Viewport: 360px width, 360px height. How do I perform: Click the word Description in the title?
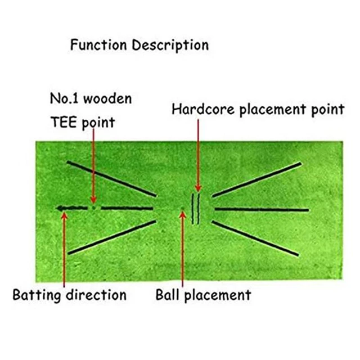pos(172,45)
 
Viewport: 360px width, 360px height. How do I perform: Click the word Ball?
pos(167,294)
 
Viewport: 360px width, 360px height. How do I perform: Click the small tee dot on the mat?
pos(94,208)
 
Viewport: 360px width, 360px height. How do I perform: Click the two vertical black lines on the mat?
pos(196,209)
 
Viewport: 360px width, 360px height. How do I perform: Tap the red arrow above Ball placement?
pos(182,250)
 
